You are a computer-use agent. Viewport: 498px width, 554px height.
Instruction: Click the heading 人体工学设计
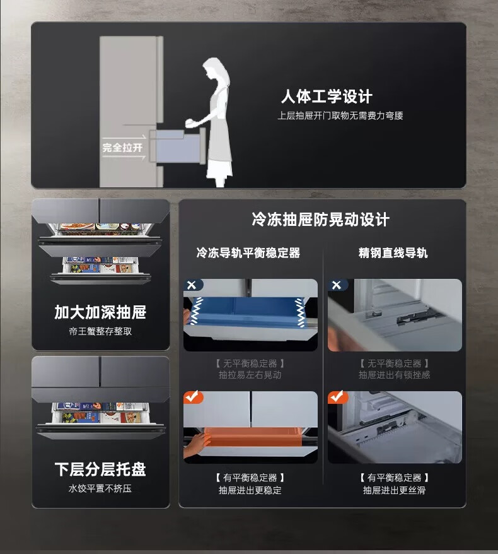pos(327,97)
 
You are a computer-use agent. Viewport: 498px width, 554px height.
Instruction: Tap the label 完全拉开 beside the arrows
pos(122,147)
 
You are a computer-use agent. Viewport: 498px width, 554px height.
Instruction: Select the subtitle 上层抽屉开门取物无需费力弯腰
pos(340,115)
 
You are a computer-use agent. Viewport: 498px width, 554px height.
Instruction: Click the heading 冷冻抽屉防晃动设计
pos(320,220)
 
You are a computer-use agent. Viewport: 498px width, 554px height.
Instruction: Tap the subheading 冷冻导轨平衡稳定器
pos(248,252)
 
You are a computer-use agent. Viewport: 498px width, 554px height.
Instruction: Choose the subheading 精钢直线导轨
pos(393,252)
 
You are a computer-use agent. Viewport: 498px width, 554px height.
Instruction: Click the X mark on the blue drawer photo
pos(192,285)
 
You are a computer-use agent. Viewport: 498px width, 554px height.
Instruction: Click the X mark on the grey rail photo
pos(337,285)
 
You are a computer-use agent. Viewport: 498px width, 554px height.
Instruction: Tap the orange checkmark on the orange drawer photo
pos(193,397)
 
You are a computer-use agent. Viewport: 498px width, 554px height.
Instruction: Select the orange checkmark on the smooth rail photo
pos(337,397)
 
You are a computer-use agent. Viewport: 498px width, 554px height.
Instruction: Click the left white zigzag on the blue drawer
pos(197,311)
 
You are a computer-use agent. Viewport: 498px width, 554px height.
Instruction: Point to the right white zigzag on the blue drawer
pos(299,312)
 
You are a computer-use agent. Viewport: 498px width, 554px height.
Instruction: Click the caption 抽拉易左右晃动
pos(250,375)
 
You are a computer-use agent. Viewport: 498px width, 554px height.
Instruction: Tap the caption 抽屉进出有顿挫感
pos(394,375)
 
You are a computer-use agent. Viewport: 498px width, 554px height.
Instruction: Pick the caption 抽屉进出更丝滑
pos(394,490)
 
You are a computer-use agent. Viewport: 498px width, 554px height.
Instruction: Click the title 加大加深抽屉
pos(100,312)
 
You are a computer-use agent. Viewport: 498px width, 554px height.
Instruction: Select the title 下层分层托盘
pos(100,469)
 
